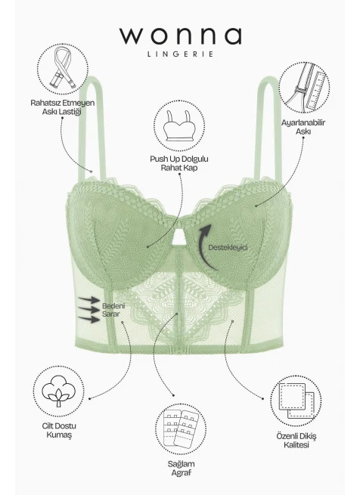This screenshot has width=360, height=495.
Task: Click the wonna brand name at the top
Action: click(x=181, y=36)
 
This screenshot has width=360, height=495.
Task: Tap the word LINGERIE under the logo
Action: click(x=181, y=54)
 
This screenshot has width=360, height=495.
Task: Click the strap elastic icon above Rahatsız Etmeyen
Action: click(x=63, y=69)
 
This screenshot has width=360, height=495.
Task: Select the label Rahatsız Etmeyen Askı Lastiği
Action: click(x=62, y=107)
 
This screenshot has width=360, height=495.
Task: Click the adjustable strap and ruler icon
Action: click(x=304, y=88)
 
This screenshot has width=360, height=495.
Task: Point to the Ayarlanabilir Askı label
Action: click(x=303, y=127)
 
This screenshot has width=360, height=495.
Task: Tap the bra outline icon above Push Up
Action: click(x=179, y=126)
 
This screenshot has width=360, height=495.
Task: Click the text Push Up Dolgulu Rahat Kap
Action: click(x=179, y=163)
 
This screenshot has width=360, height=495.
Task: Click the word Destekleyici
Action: click(x=228, y=248)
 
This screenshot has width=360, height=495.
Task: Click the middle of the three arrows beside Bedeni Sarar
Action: click(x=89, y=309)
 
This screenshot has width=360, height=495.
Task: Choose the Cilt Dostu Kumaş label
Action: click(x=59, y=430)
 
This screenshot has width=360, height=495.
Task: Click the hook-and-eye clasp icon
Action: click(x=181, y=429)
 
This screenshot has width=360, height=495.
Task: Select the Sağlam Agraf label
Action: click(x=181, y=468)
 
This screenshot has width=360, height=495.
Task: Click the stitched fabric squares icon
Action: click(x=296, y=401)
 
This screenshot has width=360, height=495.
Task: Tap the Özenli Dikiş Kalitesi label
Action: click(x=296, y=441)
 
